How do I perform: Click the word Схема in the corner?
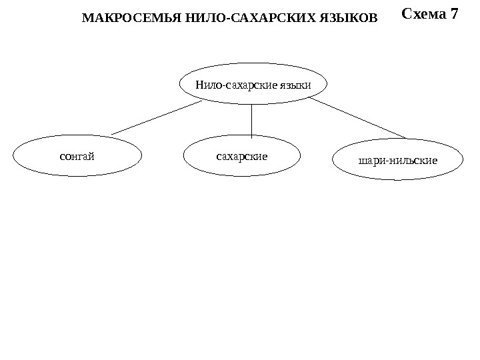click(x=424, y=14)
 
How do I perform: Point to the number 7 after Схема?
click(x=454, y=14)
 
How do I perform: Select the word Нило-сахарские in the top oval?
click(x=236, y=85)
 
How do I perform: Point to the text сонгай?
click(x=77, y=157)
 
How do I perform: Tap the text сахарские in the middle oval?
click(x=242, y=156)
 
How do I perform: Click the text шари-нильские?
click(x=397, y=161)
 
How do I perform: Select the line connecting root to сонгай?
click(x=157, y=118)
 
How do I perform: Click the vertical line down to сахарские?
click(x=252, y=120)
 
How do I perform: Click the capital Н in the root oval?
click(x=199, y=85)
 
